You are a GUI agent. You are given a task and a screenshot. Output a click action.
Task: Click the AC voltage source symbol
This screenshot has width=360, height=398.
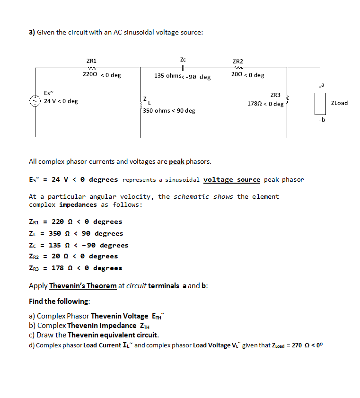tap(34, 101)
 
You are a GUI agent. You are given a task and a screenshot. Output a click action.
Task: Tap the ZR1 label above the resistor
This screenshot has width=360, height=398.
tap(91, 61)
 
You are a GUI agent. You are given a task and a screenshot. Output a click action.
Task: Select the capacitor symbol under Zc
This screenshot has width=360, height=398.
tap(183, 68)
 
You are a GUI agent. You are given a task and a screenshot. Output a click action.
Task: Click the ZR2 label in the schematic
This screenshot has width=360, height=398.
tap(238, 62)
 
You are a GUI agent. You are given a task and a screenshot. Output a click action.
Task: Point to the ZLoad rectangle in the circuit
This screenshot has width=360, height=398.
tap(320, 103)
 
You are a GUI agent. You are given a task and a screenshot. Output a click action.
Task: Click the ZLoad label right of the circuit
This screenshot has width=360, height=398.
tap(339, 103)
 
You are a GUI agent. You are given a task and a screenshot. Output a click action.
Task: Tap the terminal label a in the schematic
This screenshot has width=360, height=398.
tap(323, 85)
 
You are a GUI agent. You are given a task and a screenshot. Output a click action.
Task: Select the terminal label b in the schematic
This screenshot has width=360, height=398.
tap(324, 120)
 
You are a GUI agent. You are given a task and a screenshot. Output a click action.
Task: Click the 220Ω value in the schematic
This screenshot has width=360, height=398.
tap(89, 75)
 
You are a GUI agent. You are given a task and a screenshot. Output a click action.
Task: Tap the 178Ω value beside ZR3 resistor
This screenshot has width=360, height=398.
tap(255, 104)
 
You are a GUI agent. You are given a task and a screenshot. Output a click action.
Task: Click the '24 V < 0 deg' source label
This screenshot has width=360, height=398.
tap(61, 101)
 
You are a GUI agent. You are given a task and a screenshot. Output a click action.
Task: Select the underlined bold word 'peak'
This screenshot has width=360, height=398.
tap(176, 161)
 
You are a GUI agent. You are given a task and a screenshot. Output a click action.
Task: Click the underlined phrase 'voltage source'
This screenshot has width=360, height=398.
tap(231, 179)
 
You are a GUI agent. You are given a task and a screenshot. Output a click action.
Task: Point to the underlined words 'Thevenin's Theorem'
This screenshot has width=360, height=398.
tap(83, 286)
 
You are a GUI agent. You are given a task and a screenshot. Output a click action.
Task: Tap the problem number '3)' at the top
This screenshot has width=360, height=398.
tap(32, 33)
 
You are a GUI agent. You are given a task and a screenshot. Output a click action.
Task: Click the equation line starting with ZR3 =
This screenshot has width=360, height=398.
tap(75, 268)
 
